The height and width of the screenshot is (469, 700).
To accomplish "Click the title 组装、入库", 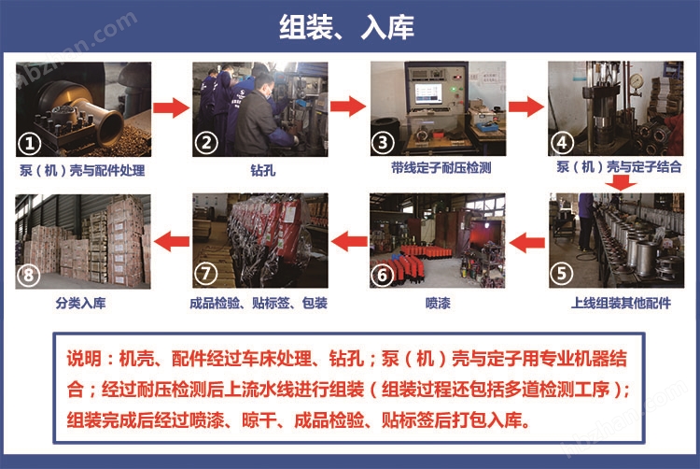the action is click(346, 27).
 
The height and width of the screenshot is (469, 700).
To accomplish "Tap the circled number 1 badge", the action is click(30, 144).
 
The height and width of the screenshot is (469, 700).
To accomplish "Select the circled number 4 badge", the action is click(562, 143).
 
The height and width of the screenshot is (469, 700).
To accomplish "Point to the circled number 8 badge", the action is click(28, 276).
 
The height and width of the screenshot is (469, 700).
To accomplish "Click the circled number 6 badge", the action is click(382, 275).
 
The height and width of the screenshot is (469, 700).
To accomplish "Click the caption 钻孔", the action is click(262, 170).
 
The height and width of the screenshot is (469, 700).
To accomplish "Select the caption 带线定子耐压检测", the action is click(441, 168).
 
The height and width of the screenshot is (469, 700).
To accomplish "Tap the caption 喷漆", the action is click(438, 304).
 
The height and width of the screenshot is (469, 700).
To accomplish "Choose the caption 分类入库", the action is click(80, 304).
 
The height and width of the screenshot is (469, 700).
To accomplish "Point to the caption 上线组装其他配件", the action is click(621, 304).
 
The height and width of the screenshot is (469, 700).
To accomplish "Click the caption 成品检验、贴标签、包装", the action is click(259, 304).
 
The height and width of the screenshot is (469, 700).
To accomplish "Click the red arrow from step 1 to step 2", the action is click(172, 107).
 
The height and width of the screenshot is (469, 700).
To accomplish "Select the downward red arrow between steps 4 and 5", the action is click(621, 182).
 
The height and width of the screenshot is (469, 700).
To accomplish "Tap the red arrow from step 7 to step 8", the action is click(172, 242).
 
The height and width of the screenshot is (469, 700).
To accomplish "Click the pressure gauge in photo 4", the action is click(636, 81).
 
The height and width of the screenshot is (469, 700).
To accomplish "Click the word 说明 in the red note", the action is click(84, 359).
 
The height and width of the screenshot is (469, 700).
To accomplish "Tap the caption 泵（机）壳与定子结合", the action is click(619, 167).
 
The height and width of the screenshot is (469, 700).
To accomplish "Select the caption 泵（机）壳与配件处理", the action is click(82, 170).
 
